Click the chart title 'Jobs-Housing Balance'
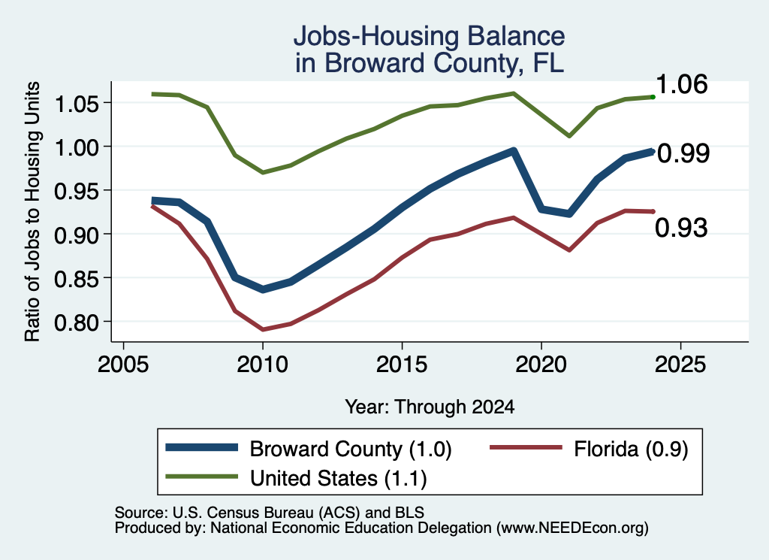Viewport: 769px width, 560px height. tap(429, 36)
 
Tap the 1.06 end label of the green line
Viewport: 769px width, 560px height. tap(681, 84)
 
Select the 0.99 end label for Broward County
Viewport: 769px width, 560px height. tap(683, 153)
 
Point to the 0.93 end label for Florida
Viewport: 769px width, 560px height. tap(681, 228)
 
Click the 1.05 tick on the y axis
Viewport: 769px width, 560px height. tap(77, 103)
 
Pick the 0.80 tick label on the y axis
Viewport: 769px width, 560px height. tap(77, 322)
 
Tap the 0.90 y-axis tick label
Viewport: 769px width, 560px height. tap(77, 235)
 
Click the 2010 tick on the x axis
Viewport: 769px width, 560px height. tap(262, 365)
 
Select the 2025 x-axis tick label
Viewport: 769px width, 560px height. tap(680, 365)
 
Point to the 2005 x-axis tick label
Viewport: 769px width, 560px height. tap(123, 365)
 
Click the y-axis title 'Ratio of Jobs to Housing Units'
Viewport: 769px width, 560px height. tap(32, 211)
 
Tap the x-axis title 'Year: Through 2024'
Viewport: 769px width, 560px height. tap(430, 407)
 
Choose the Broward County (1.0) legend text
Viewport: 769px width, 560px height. tap(351, 449)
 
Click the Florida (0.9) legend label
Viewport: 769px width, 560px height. tap(631, 449)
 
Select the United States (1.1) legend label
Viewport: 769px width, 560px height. tap(339, 478)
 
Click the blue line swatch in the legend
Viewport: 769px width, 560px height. tap(201, 447)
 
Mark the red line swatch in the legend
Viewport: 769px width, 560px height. tap(526, 447)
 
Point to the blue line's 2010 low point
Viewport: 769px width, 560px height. tap(263, 289)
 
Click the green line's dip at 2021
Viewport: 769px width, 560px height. tap(569, 135)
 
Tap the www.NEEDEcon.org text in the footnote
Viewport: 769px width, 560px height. tap(572, 528)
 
